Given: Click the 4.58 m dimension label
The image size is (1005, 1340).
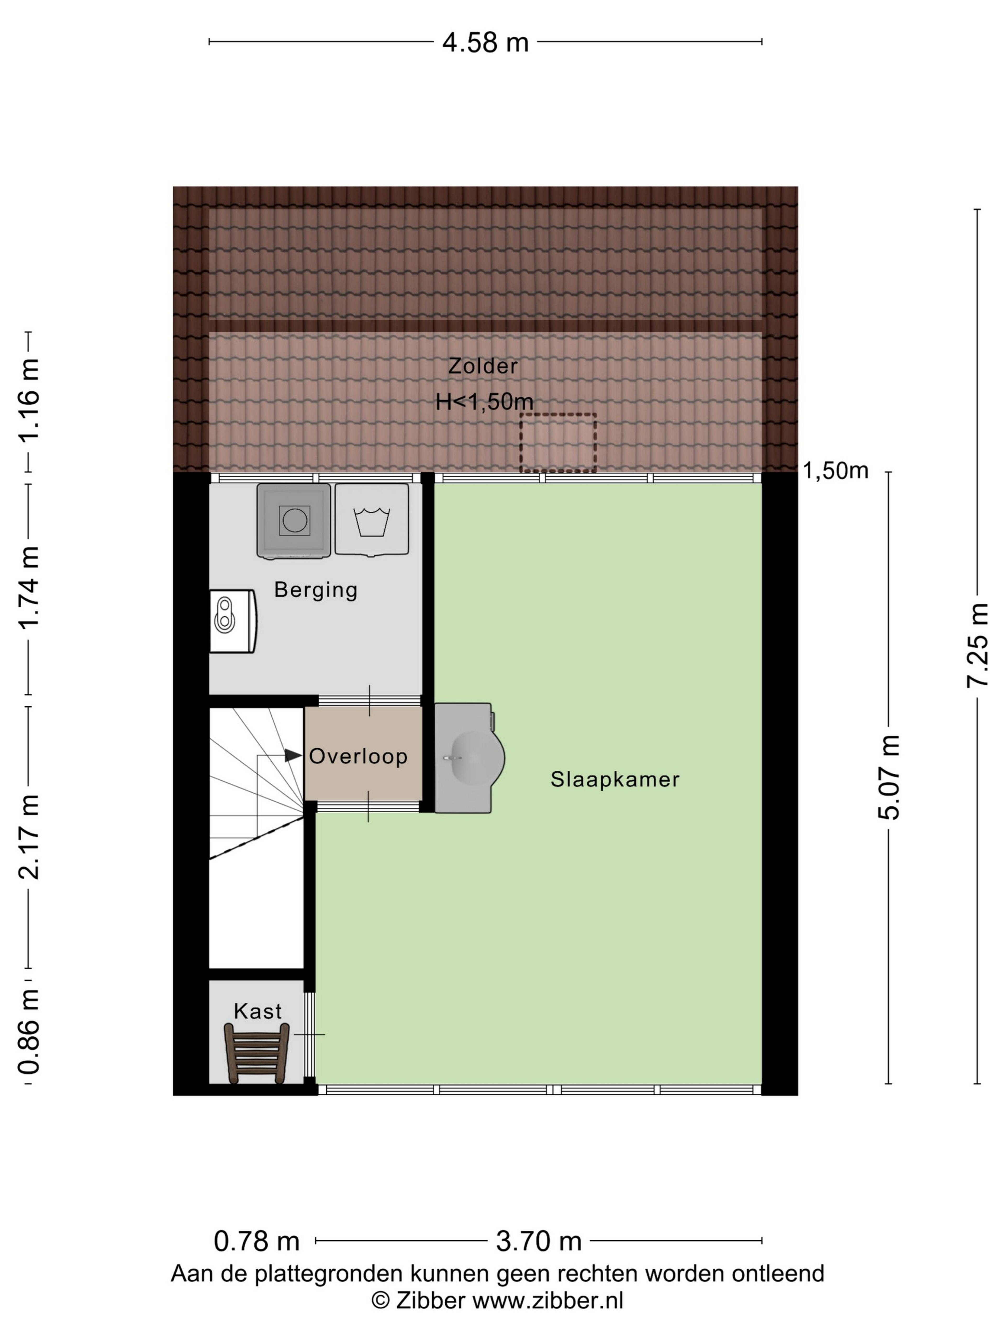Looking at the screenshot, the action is click(x=485, y=42).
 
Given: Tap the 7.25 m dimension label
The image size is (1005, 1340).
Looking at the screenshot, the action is click(x=977, y=645).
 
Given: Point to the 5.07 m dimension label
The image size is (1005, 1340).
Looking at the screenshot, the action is click(x=889, y=777).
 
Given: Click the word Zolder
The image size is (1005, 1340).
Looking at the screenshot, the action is click(x=483, y=366).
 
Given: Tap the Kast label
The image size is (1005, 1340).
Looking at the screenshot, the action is click(x=258, y=1011).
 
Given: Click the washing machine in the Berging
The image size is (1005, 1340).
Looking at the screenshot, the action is click(x=294, y=520).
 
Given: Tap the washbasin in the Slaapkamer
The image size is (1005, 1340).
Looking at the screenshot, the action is click(x=470, y=757).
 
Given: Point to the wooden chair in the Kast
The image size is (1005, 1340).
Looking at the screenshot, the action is click(x=256, y=1052).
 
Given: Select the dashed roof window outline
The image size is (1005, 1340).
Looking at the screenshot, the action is click(x=558, y=443).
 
